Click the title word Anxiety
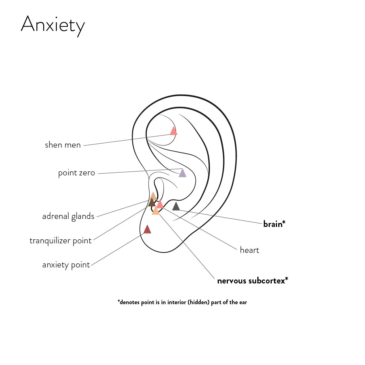(x=52, y=25)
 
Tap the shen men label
(x=63, y=145)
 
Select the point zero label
(x=76, y=173)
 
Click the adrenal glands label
(x=68, y=216)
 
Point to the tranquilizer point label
(x=61, y=241)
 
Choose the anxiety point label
(x=66, y=265)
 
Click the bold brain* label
(x=274, y=224)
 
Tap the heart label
(x=250, y=250)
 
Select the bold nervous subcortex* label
(x=253, y=281)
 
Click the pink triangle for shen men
(x=174, y=131)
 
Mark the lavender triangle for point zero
(x=182, y=173)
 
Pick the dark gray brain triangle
(x=176, y=207)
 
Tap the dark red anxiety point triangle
(x=147, y=230)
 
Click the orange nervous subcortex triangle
(x=156, y=211)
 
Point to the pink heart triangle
(x=160, y=204)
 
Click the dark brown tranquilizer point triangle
(x=151, y=203)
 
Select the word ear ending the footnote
(x=243, y=302)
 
